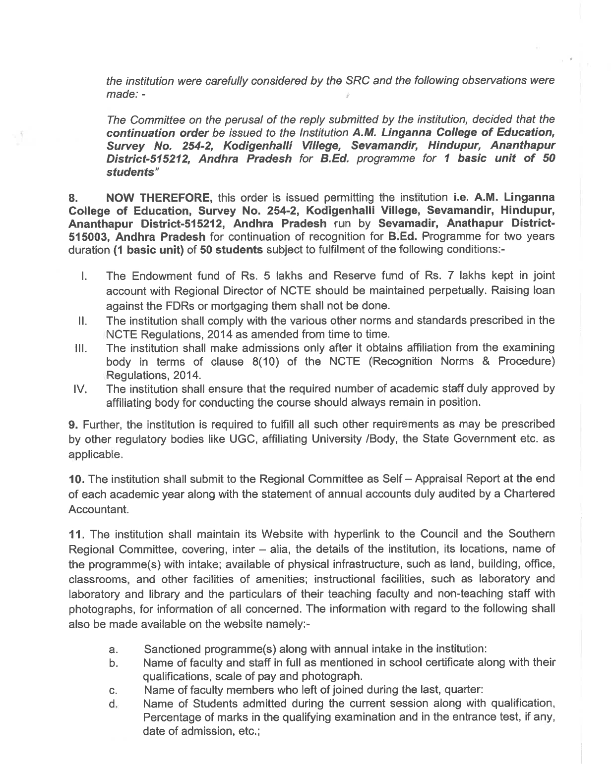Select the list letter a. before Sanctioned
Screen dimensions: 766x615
(x=114, y=649)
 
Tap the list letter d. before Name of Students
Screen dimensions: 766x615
(x=114, y=704)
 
